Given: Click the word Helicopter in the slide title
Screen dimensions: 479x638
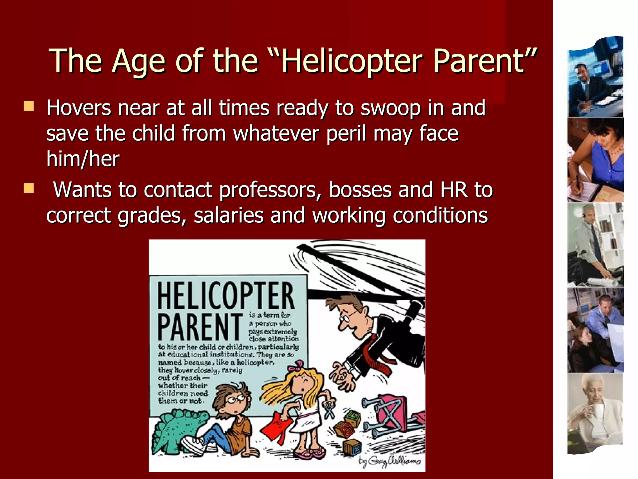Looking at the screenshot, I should tap(352, 61).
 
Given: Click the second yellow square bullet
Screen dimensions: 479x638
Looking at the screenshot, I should tap(29, 188).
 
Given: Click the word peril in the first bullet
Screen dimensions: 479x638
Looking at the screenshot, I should tap(346, 133).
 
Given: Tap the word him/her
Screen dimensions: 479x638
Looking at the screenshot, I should tap(83, 159).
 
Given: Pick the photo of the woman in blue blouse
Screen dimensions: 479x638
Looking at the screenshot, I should tap(595, 160).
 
